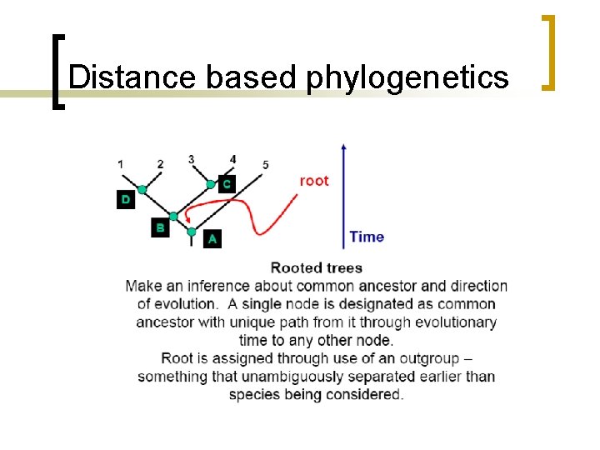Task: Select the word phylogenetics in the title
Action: [407, 77]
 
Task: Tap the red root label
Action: [313, 181]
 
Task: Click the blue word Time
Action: [367, 237]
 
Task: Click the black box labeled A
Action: [212, 239]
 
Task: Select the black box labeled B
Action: [160, 227]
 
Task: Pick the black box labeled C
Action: [227, 183]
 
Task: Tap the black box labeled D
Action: [125, 199]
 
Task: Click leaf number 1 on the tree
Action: [121, 164]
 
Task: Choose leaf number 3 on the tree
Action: [192, 159]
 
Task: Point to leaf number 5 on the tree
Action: [265, 164]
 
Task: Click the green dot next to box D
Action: [142, 190]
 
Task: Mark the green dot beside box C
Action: [211, 184]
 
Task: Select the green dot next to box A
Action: [192, 231]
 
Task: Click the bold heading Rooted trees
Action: [317, 267]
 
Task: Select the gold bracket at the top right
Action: [549, 51]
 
